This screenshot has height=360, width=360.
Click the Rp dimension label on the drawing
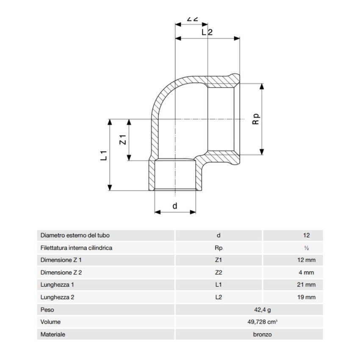tap(255, 118)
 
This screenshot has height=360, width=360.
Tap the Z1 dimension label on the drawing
tap(123, 139)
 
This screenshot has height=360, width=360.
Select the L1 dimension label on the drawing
tap(103, 155)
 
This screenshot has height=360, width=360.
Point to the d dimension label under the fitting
tap(175, 206)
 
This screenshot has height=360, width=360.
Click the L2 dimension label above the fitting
tap(206, 32)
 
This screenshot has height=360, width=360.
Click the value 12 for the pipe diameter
tap(307, 235)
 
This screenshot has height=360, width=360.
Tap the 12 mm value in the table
tap(307, 260)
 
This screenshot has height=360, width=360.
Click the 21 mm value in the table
tap(307, 285)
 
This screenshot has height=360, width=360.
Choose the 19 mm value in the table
tap(307, 297)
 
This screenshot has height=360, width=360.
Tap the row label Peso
tap(47, 310)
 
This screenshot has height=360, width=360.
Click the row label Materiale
tap(53, 334)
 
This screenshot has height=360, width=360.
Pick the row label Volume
tap(50, 322)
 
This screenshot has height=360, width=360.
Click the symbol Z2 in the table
tap(219, 273)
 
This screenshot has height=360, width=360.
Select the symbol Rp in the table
tap(219, 248)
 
